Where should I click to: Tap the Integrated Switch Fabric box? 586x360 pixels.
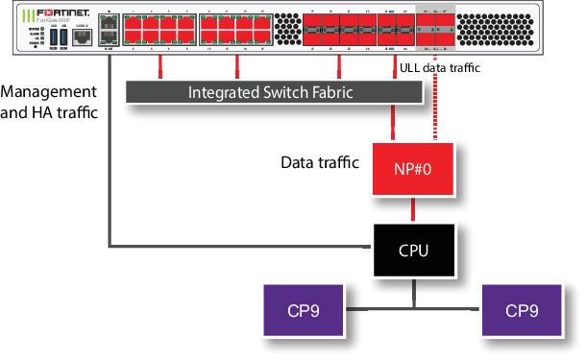274,91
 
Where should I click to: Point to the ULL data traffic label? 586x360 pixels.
437,68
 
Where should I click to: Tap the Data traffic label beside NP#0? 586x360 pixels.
318,163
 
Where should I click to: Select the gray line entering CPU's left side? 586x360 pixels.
240,247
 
